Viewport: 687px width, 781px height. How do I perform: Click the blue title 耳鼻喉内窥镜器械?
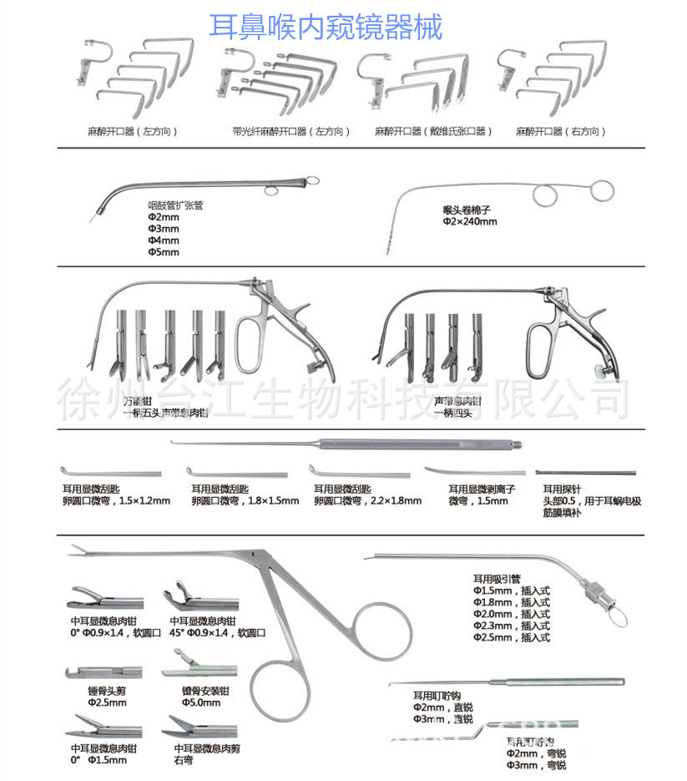coord(326,26)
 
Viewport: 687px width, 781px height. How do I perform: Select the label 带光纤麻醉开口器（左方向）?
coord(290,132)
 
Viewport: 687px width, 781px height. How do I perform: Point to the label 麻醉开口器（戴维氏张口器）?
coord(433,132)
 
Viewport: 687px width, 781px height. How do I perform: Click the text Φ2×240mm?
coord(470,222)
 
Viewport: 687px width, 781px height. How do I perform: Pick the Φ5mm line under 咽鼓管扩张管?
coord(163,252)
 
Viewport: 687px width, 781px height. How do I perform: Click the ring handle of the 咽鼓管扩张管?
coord(311,179)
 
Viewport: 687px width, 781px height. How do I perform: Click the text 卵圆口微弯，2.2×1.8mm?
coord(367,500)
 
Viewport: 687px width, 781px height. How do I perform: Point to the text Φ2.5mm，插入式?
coord(511,637)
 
